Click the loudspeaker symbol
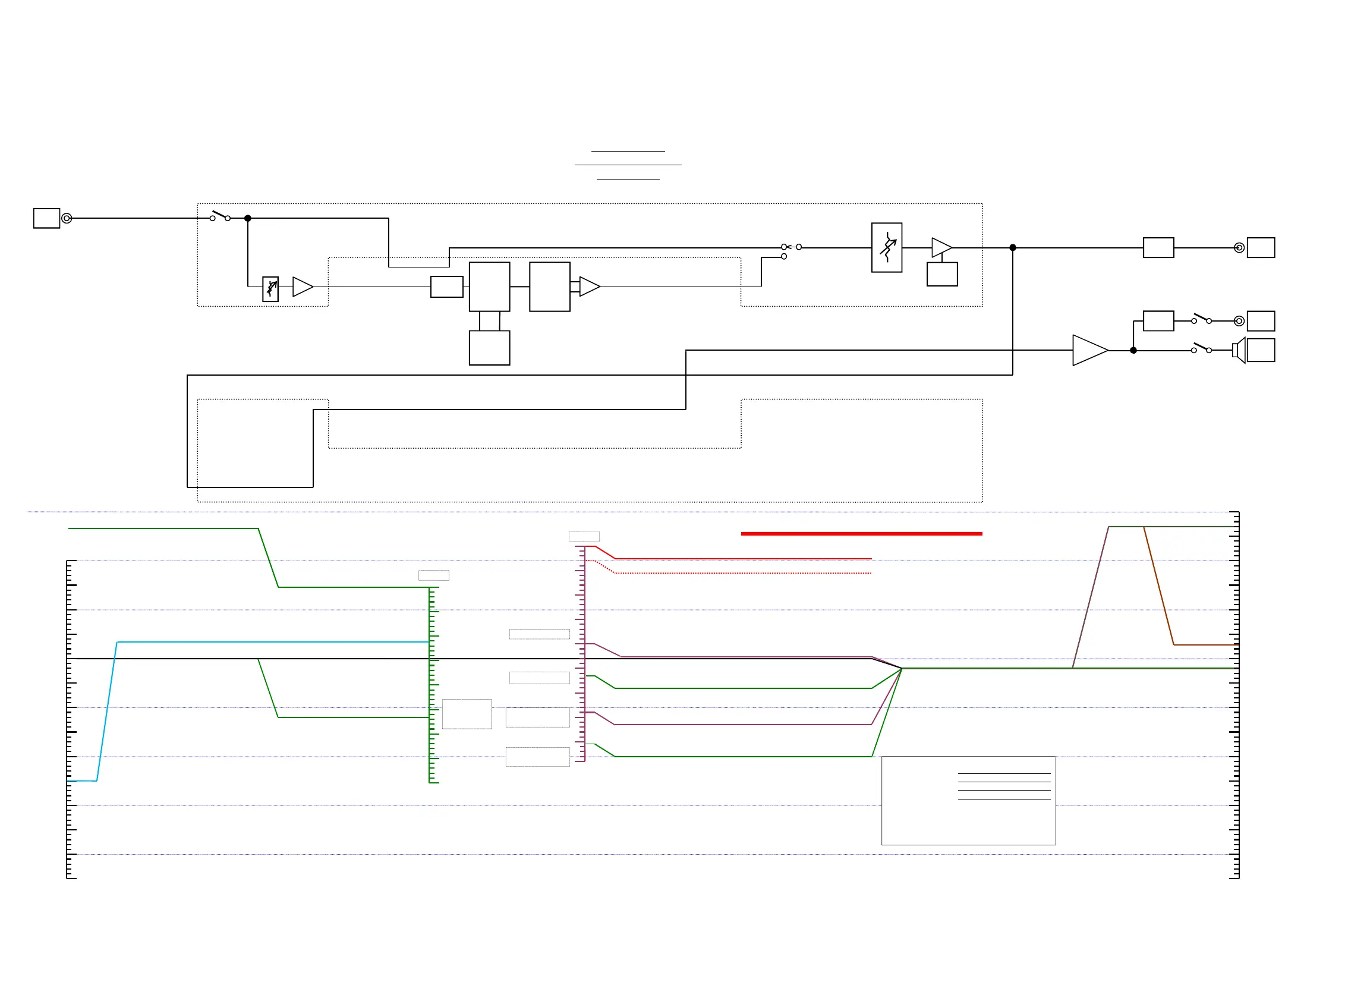click(1239, 350)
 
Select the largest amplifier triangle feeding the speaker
click(1088, 350)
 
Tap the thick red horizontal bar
click(861, 534)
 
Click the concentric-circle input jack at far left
click(67, 218)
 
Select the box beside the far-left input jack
click(46, 218)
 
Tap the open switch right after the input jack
click(220, 216)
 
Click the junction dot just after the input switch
click(248, 218)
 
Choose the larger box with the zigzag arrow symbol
click(886, 247)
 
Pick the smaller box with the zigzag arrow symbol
click(270, 289)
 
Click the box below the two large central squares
click(489, 348)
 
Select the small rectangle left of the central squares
click(446, 287)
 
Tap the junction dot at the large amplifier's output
click(1133, 350)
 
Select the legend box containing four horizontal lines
click(968, 800)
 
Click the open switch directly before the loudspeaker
click(1201, 348)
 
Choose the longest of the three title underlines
click(628, 165)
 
